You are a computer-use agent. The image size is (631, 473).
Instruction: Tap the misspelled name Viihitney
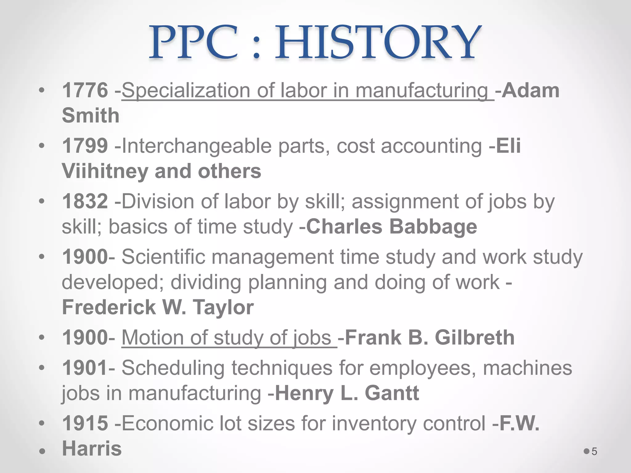pyautogui.click(x=105, y=171)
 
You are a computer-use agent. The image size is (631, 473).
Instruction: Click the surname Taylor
pyautogui.click(x=223, y=307)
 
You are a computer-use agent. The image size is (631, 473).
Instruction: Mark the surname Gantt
pyautogui.click(x=392, y=393)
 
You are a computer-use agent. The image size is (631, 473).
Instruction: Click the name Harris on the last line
pyautogui.click(x=92, y=448)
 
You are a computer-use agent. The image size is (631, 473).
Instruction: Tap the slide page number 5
pyautogui.click(x=594, y=452)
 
